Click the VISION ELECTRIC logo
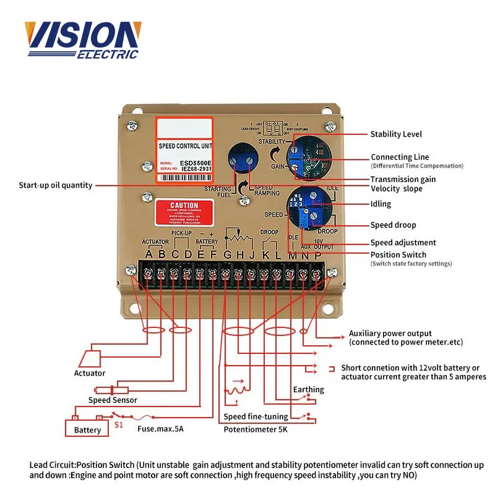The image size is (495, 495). click(x=82, y=40)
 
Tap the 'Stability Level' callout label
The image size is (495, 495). click(x=396, y=134)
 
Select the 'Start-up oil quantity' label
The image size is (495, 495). click(x=56, y=185)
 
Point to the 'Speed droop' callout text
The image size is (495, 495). click(x=393, y=225)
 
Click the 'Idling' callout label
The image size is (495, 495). click(x=381, y=204)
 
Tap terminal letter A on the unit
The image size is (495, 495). click(x=148, y=254)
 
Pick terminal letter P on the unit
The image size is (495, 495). click(x=318, y=254)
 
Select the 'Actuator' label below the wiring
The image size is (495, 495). click(x=90, y=373)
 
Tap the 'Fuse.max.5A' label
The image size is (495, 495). click(x=160, y=429)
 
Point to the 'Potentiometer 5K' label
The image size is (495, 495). click(x=256, y=429)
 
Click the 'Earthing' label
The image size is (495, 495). click(x=308, y=389)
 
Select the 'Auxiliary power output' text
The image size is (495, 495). click(x=390, y=334)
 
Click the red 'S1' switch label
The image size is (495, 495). click(x=118, y=425)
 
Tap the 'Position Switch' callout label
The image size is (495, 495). click(x=398, y=254)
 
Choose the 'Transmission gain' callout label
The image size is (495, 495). click(x=403, y=179)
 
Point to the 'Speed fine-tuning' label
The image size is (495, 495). click(x=256, y=416)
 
